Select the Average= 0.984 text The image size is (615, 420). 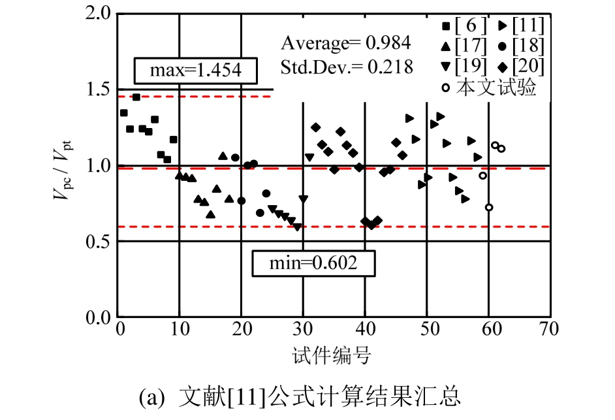point(345,44)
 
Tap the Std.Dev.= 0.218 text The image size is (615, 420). point(347,67)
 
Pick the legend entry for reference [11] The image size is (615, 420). point(520,26)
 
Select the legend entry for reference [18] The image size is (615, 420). point(520,46)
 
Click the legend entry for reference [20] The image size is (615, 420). point(520,67)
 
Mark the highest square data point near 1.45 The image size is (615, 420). point(136,97)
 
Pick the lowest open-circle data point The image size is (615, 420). point(489,207)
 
